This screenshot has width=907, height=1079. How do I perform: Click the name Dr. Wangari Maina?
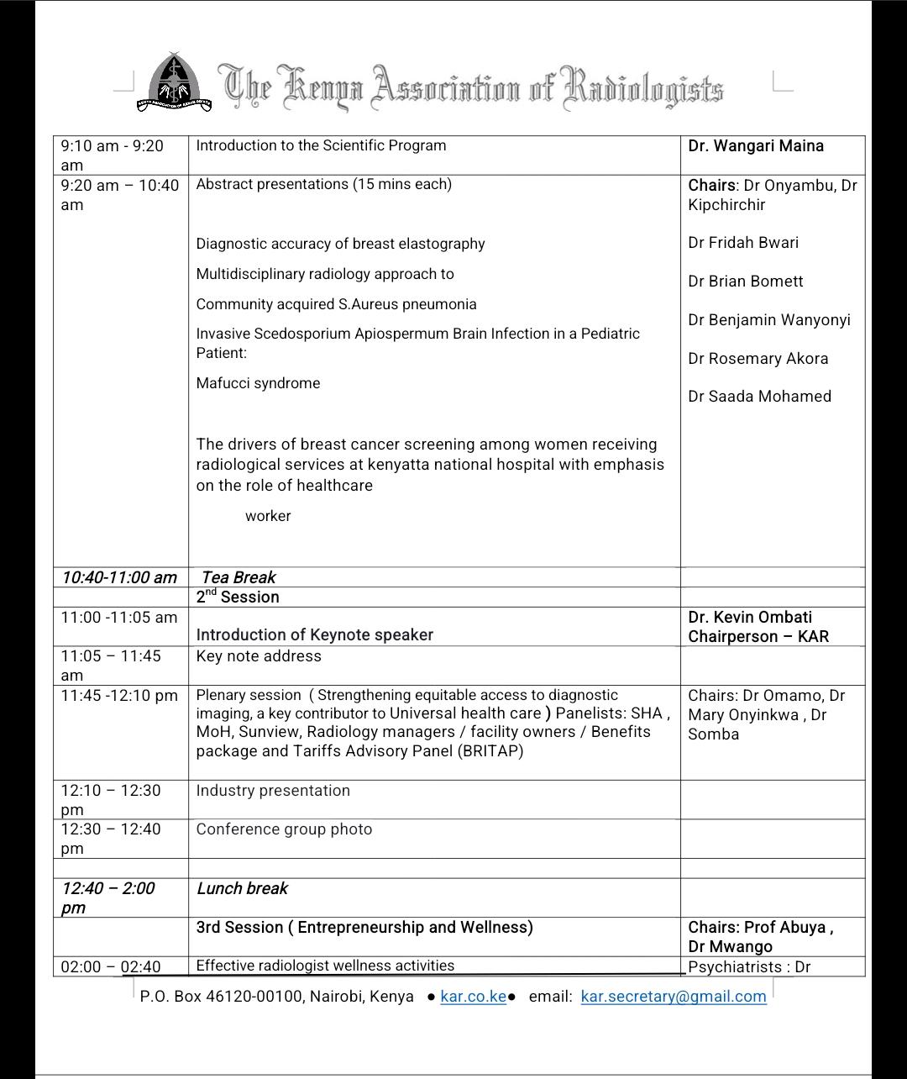click(756, 146)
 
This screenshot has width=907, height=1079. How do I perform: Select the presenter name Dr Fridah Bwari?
click(743, 243)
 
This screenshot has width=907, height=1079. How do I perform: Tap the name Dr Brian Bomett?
click(746, 282)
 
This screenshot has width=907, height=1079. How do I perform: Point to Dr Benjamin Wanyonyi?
click(769, 320)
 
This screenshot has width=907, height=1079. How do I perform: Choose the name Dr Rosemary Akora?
click(758, 359)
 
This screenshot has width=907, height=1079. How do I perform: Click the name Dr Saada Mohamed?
click(759, 397)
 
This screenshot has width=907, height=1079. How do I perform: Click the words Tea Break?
click(239, 577)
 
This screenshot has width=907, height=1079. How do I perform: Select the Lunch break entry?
click(242, 888)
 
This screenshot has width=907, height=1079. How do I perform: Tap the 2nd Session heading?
click(238, 597)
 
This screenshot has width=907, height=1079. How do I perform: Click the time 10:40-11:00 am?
click(119, 577)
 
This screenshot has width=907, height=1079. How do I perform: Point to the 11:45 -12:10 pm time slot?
click(119, 696)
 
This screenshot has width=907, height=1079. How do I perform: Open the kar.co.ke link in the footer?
click(473, 997)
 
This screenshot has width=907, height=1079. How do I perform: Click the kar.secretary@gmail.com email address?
click(674, 997)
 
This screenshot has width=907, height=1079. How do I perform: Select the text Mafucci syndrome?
click(258, 383)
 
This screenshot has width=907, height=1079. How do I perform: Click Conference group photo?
click(284, 829)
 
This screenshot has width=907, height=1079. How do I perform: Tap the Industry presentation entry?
click(273, 791)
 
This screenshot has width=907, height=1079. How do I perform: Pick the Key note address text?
click(259, 656)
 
